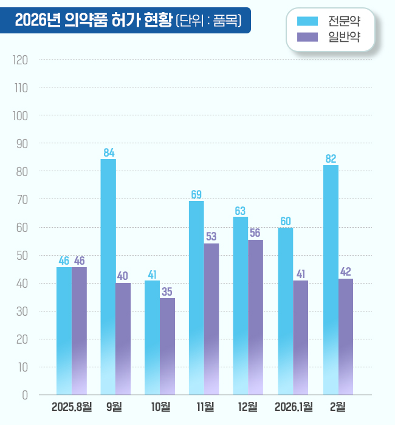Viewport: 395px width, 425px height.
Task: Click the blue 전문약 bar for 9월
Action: [108, 276]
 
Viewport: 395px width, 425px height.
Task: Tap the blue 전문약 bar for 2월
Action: [331, 279]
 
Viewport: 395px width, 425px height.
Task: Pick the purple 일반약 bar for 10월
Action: [167, 346]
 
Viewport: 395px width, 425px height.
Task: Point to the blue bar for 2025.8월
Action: [64, 331]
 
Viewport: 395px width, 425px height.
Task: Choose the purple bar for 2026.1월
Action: [300, 337]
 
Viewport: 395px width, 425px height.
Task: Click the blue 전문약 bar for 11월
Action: [196, 297]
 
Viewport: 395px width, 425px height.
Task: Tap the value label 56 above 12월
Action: [255, 233]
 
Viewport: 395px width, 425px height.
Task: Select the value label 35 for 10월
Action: [167, 291]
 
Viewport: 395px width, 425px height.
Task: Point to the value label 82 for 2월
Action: [331, 159]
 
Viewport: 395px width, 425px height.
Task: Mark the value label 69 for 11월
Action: [196, 195]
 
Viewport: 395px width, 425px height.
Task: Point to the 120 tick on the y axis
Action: [21, 60]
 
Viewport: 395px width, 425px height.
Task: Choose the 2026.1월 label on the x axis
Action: [294, 406]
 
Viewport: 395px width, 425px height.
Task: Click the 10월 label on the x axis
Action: [160, 406]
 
